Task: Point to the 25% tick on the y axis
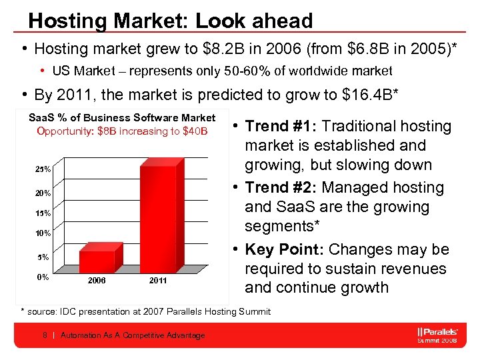click(x=42, y=169)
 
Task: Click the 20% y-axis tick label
click(x=42, y=193)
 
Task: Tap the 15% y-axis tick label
click(x=42, y=213)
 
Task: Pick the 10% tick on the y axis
click(x=42, y=233)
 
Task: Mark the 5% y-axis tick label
click(x=42, y=257)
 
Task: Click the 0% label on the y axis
click(x=42, y=277)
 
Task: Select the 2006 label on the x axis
click(x=97, y=281)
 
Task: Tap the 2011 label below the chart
click(x=158, y=281)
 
